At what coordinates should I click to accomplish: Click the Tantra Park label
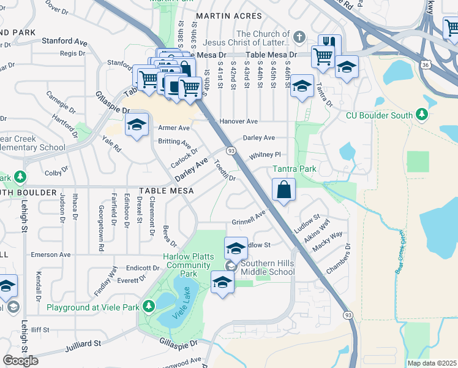295,169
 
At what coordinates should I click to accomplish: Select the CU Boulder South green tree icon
421,115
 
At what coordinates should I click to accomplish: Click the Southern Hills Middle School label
268,268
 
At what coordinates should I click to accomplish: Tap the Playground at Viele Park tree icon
148,305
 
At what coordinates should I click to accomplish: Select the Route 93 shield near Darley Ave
231,151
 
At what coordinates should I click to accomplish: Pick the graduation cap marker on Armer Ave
136,125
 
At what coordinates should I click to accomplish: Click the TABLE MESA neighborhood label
166,191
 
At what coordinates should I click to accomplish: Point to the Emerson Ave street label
51,255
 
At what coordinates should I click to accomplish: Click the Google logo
20,361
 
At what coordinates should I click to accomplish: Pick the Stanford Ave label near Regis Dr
64,41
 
